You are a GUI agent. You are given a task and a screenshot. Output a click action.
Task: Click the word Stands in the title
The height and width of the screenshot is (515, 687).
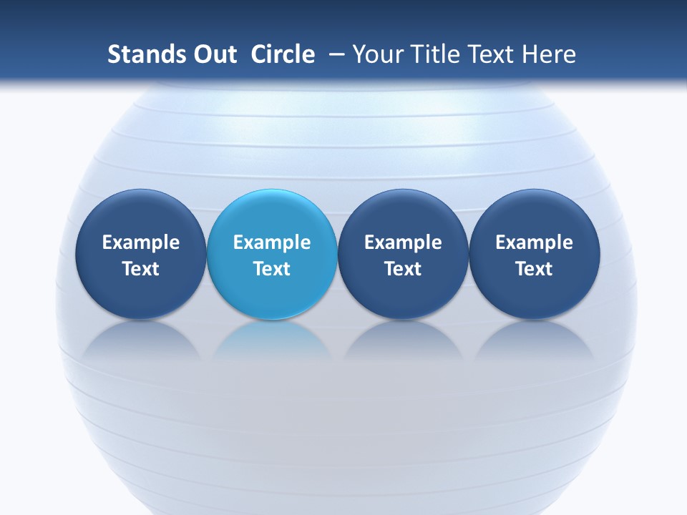(x=146, y=54)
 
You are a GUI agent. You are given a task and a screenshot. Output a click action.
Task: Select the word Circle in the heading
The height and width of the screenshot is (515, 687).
(x=283, y=54)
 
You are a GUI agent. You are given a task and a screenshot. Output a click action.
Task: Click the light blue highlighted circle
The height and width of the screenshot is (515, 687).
(x=272, y=215)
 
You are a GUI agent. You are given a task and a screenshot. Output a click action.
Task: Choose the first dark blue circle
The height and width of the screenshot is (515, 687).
(x=140, y=215)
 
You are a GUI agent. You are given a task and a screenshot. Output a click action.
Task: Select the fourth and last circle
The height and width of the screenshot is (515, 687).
(x=535, y=215)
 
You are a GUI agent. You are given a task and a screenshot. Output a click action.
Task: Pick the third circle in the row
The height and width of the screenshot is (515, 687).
(x=403, y=215)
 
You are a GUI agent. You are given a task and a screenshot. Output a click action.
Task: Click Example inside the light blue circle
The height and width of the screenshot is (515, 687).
(x=272, y=242)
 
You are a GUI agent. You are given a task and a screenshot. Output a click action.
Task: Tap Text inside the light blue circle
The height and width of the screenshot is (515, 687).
(x=272, y=269)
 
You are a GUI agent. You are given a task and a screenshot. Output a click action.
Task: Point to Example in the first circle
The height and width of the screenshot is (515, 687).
(x=140, y=242)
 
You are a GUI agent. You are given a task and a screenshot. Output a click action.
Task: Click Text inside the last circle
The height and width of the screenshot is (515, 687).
(x=535, y=269)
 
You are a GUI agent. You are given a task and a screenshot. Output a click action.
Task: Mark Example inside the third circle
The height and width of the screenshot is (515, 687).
(x=403, y=242)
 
